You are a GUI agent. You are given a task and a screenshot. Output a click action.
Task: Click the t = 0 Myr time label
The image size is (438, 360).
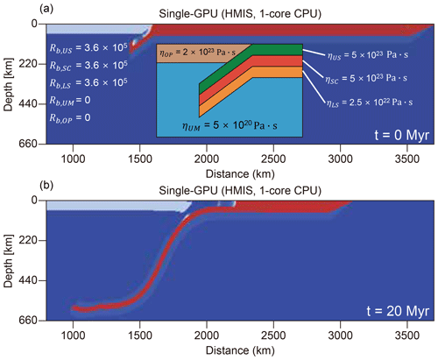point(402,135)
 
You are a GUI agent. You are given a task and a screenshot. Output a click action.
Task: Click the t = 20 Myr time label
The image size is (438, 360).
point(398,311)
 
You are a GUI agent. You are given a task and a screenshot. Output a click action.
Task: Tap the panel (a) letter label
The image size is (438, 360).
point(46,9)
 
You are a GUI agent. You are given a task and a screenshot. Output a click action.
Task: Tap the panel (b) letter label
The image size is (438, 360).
point(46,186)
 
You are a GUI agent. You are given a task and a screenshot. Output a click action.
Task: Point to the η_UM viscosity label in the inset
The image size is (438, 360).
point(230,126)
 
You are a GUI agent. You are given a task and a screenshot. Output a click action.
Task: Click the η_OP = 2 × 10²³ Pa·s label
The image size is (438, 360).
point(197,53)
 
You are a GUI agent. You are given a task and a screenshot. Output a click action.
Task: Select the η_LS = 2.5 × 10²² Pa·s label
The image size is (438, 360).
point(370,102)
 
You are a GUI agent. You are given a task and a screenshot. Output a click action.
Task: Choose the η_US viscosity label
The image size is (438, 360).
point(368,55)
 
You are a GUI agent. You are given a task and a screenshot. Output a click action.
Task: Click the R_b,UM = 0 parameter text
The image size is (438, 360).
point(70,101)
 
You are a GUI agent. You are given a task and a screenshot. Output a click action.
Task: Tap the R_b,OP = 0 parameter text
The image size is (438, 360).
point(70,118)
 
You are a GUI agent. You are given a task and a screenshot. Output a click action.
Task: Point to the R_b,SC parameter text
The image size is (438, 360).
point(88,66)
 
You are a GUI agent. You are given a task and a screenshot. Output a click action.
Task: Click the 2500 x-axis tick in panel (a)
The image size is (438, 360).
point(273,159)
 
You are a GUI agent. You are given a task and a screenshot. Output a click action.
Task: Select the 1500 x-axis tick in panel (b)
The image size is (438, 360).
point(140,335)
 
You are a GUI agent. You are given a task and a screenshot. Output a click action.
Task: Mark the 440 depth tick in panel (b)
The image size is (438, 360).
point(28,280)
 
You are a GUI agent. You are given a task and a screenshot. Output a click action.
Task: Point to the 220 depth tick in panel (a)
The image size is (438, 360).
point(28,64)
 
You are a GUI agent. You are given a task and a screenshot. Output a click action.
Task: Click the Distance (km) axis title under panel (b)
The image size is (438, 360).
point(240,350)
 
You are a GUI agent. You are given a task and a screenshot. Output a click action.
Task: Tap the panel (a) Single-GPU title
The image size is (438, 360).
point(240,14)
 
